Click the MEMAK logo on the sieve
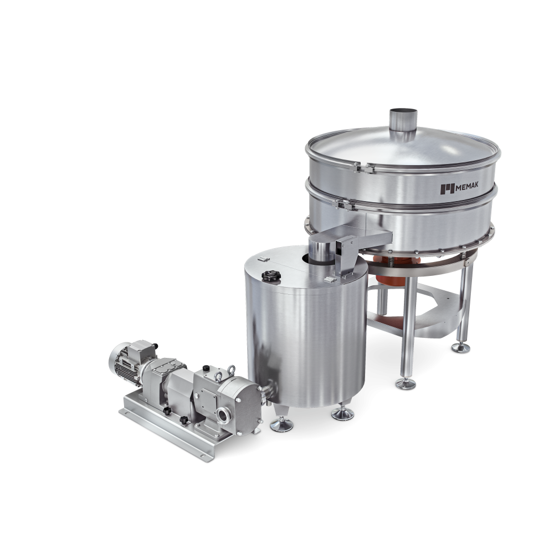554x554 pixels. [x=459, y=188]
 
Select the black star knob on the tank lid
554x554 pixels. [x=271, y=275]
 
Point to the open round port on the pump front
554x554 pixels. [x=224, y=415]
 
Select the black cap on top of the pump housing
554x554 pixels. [x=206, y=368]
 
